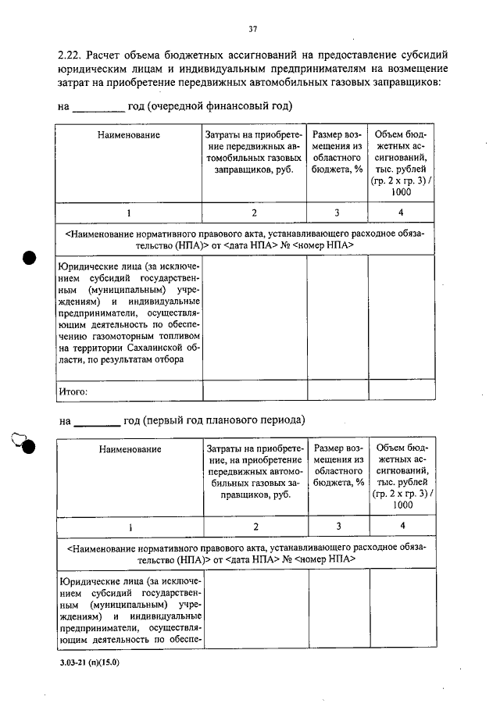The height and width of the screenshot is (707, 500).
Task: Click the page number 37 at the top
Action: pos(252,29)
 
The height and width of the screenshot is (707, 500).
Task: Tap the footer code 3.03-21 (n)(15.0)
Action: pos(91,662)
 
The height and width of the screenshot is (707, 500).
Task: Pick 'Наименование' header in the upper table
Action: pos(129,135)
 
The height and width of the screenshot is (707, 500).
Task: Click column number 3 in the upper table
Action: pos(337,212)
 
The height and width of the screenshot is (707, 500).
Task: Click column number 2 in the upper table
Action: pos(254,212)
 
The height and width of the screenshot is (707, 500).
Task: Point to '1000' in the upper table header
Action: pos(401,191)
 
